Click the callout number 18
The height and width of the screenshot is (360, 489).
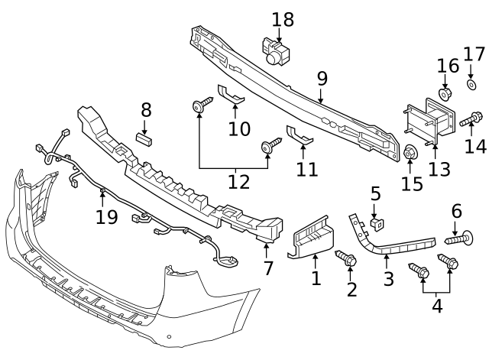pos(283,18)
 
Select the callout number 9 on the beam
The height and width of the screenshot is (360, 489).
pos(322,77)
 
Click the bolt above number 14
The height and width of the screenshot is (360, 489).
pos(471,119)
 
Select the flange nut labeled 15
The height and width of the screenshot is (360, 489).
pos(410,154)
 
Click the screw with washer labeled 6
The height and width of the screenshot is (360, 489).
pos(457,240)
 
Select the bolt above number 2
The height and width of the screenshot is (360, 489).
pos(348,261)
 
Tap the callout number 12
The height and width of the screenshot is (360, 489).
pos(238,181)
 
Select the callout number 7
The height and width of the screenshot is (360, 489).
pos(267,268)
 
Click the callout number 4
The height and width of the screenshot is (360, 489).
pos(436,307)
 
